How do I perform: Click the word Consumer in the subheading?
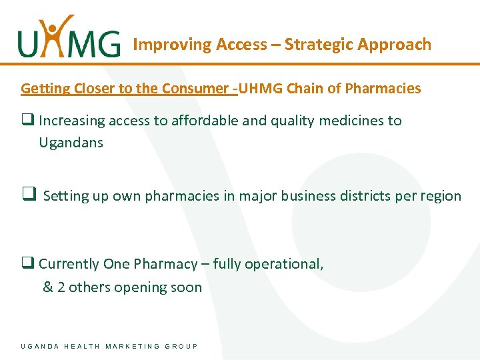[197, 88]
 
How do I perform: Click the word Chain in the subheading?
[306, 88]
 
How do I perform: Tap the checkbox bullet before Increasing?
[27, 121]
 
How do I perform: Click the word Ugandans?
[71, 143]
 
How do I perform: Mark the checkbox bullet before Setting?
[29, 195]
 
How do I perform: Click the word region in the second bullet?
[441, 196]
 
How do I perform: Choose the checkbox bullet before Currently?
[27, 264]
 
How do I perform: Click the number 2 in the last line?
[61, 287]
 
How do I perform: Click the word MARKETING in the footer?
[133, 346]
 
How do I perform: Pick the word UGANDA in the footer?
[40, 346]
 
